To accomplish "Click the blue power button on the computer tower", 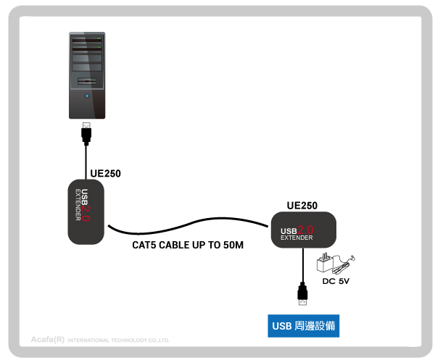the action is [87, 96].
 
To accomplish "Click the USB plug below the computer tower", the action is [86, 133].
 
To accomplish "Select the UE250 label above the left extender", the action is [105, 174].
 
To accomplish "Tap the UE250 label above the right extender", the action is [302, 206].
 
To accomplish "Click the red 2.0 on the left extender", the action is [86, 213].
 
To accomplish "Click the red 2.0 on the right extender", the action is [305, 230].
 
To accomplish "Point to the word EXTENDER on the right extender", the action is [297, 238].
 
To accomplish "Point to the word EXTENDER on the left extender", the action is [78, 205].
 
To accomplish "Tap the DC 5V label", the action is [336, 281].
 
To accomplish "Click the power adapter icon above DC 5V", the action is [336, 263].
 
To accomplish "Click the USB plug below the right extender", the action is [302, 294].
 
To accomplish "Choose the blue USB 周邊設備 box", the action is [304, 326].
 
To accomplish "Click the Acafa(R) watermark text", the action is [48, 339].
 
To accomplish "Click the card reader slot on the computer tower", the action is [87, 81].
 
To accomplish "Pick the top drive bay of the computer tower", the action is [87, 40].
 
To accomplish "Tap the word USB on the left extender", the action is [85, 197].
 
